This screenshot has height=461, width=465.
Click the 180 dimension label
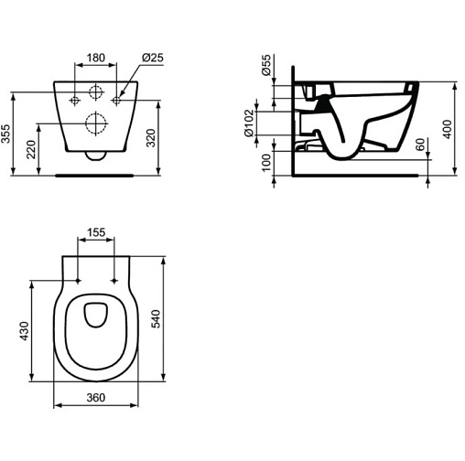click(96, 58)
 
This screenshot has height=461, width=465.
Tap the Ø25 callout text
click(153, 58)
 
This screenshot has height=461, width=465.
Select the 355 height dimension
click(6, 134)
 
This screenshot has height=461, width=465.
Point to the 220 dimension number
click(31, 149)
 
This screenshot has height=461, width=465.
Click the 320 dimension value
click(151, 138)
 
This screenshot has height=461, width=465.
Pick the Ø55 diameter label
click(266, 65)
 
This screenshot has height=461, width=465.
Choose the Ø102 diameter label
click(249, 123)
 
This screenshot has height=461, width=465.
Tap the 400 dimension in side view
click(447, 129)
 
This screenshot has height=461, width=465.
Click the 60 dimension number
click(420, 145)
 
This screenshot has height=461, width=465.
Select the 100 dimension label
click(266, 163)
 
